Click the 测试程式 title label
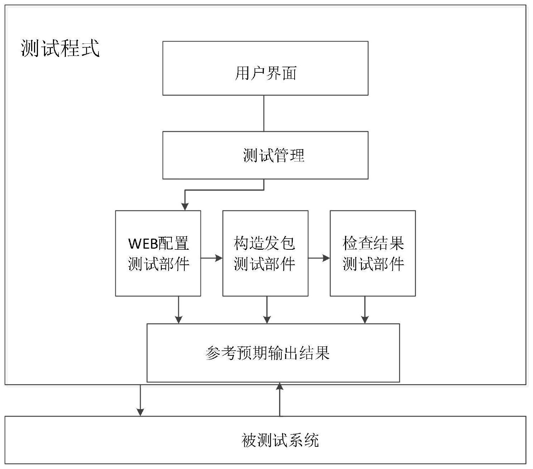(x=60, y=48)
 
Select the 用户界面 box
(x=265, y=68)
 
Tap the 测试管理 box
(x=265, y=155)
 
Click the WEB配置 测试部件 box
(x=158, y=253)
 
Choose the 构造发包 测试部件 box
(x=266, y=253)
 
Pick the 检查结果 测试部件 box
(x=373, y=253)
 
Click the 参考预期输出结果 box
(x=273, y=353)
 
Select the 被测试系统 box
(x=266, y=440)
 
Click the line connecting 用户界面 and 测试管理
(x=264, y=113)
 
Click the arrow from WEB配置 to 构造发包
(x=212, y=258)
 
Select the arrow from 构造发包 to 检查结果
(x=319, y=258)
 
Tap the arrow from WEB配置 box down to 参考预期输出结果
(x=179, y=310)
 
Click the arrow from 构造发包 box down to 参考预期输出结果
(x=267, y=310)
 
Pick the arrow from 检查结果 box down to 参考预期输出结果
(x=365, y=310)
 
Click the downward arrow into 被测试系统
(x=140, y=401)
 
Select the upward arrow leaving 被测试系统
(x=280, y=399)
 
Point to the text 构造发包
(x=264, y=243)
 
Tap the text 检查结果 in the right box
(x=373, y=243)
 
